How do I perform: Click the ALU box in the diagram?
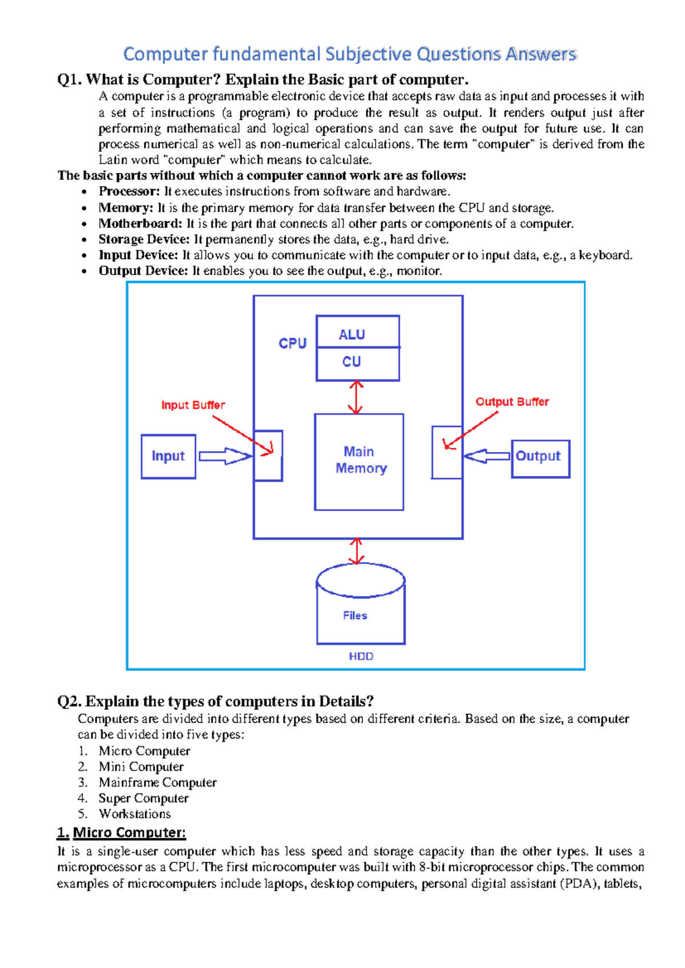(x=357, y=332)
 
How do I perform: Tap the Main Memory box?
(x=359, y=461)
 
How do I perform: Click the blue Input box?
(x=168, y=456)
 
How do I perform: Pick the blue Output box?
(x=540, y=458)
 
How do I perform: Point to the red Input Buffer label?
(x=193, y=405)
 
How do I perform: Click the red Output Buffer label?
(x=512, y=402)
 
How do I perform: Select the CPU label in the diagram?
(x=292, y=344)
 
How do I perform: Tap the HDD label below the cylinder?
(x=361, y=656)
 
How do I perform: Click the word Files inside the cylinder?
(x=355, y=615)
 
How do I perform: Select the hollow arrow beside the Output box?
(x=486, y=456)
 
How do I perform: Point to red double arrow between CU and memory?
(x=356, y=397)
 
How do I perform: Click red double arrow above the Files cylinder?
(x=357, y=551)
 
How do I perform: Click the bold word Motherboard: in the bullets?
(x=140, y=224)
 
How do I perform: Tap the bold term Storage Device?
(x=144, y=239)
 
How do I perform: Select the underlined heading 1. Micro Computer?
(x=122, y=833)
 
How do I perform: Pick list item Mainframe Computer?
(x=158, y=783)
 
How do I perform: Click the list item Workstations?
(x=135, y=814)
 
